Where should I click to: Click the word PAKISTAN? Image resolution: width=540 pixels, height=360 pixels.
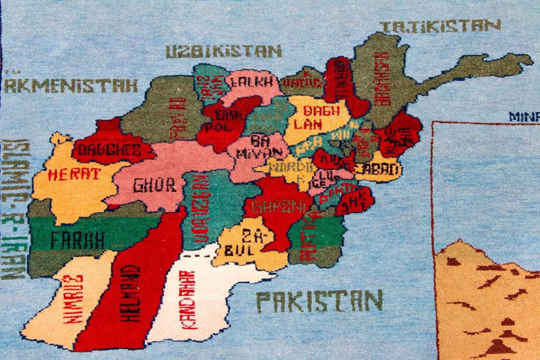(319, 301)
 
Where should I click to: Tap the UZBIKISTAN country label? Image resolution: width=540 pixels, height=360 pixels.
(223, 51)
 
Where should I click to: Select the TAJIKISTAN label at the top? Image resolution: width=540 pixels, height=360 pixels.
(440, 26)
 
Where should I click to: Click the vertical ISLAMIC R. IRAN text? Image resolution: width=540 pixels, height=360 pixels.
(11, 209)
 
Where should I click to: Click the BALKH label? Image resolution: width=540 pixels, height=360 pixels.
(251, 82)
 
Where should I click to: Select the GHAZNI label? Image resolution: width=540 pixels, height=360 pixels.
(277, 206)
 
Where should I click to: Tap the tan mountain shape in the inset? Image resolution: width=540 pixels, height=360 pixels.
(486, 304)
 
